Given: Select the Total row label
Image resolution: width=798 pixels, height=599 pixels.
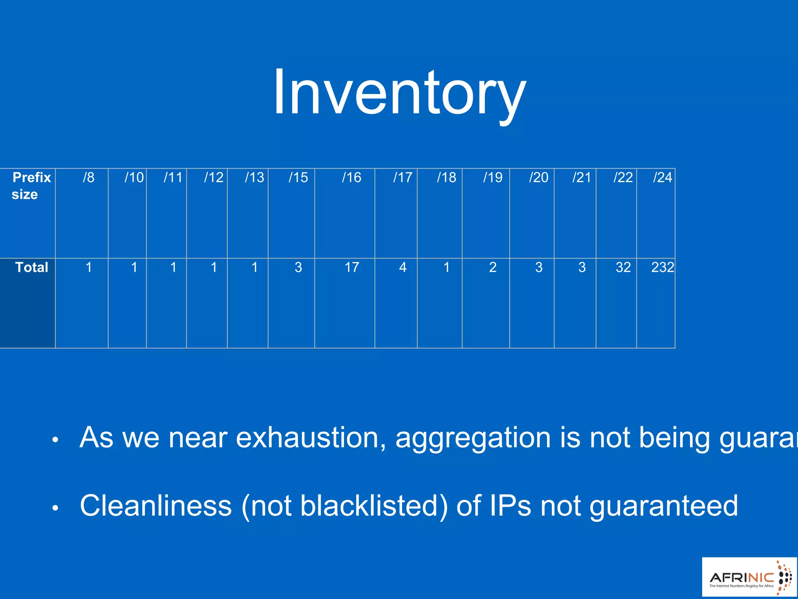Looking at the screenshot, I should tap(32, 267).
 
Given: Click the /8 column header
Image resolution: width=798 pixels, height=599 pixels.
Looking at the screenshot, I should tap(88, 177).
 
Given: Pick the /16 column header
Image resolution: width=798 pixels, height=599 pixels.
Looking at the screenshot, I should tap(351, 177).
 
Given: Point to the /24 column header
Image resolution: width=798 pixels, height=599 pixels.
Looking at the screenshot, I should tap(662, 177).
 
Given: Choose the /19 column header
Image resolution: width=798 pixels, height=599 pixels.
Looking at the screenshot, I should tap(493, 177).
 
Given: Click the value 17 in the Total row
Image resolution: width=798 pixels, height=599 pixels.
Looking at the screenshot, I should tap(351, 267).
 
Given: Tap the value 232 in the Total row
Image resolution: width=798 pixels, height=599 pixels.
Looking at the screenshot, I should tap(662, 267).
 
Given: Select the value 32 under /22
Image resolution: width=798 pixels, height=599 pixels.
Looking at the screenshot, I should tap(623, 267).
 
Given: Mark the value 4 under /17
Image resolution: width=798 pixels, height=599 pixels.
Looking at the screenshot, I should tap(403, 267).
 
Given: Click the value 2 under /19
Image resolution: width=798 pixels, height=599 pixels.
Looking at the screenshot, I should tap(493, 267).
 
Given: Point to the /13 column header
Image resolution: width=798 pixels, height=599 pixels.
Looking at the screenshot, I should tap(254, 177).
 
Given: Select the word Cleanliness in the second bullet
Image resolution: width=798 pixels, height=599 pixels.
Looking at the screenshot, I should tap(156, 506).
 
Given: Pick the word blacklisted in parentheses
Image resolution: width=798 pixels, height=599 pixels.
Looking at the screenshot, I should tap(369, 506).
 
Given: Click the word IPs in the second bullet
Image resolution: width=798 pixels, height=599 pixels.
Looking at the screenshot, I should tap(510, 506).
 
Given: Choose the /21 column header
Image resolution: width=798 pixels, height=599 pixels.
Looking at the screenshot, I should tap(581, 177).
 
